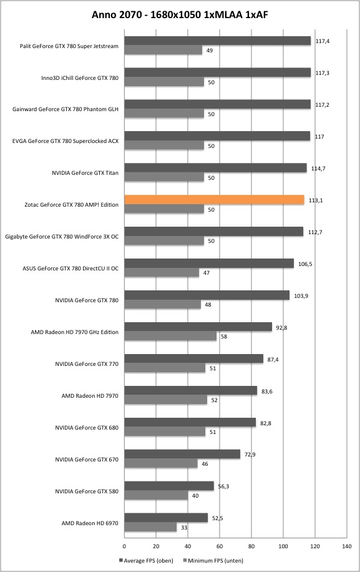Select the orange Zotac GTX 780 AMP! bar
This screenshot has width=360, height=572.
[214, 200]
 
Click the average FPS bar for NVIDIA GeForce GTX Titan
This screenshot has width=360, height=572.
[216, 168]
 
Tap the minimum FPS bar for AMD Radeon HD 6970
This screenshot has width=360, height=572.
[150, 527]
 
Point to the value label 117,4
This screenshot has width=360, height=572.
[323, 41]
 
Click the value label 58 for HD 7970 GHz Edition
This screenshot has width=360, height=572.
[224, 337]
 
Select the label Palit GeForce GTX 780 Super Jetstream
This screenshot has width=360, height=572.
[69, 46]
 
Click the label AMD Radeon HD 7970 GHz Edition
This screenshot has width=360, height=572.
[75, 332]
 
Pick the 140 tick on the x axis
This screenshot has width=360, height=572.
[346, 546]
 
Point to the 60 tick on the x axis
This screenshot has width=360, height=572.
[220, 546]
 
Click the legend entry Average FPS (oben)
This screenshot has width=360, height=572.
[146, 560]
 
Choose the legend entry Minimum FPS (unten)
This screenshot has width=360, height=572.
[213, 560]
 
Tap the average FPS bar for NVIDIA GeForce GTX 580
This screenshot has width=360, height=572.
[169, 486]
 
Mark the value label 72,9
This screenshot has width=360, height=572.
[250, 455]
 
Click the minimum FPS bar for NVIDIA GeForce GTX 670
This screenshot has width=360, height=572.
[161, 463]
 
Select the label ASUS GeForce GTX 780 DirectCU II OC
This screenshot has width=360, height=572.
[71, 269]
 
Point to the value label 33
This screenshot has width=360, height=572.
[184, 528]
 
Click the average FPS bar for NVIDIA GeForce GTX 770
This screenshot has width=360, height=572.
[194, 358]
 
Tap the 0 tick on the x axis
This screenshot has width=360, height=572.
[124, 546]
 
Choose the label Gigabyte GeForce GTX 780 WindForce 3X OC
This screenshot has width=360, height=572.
[62, 237]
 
